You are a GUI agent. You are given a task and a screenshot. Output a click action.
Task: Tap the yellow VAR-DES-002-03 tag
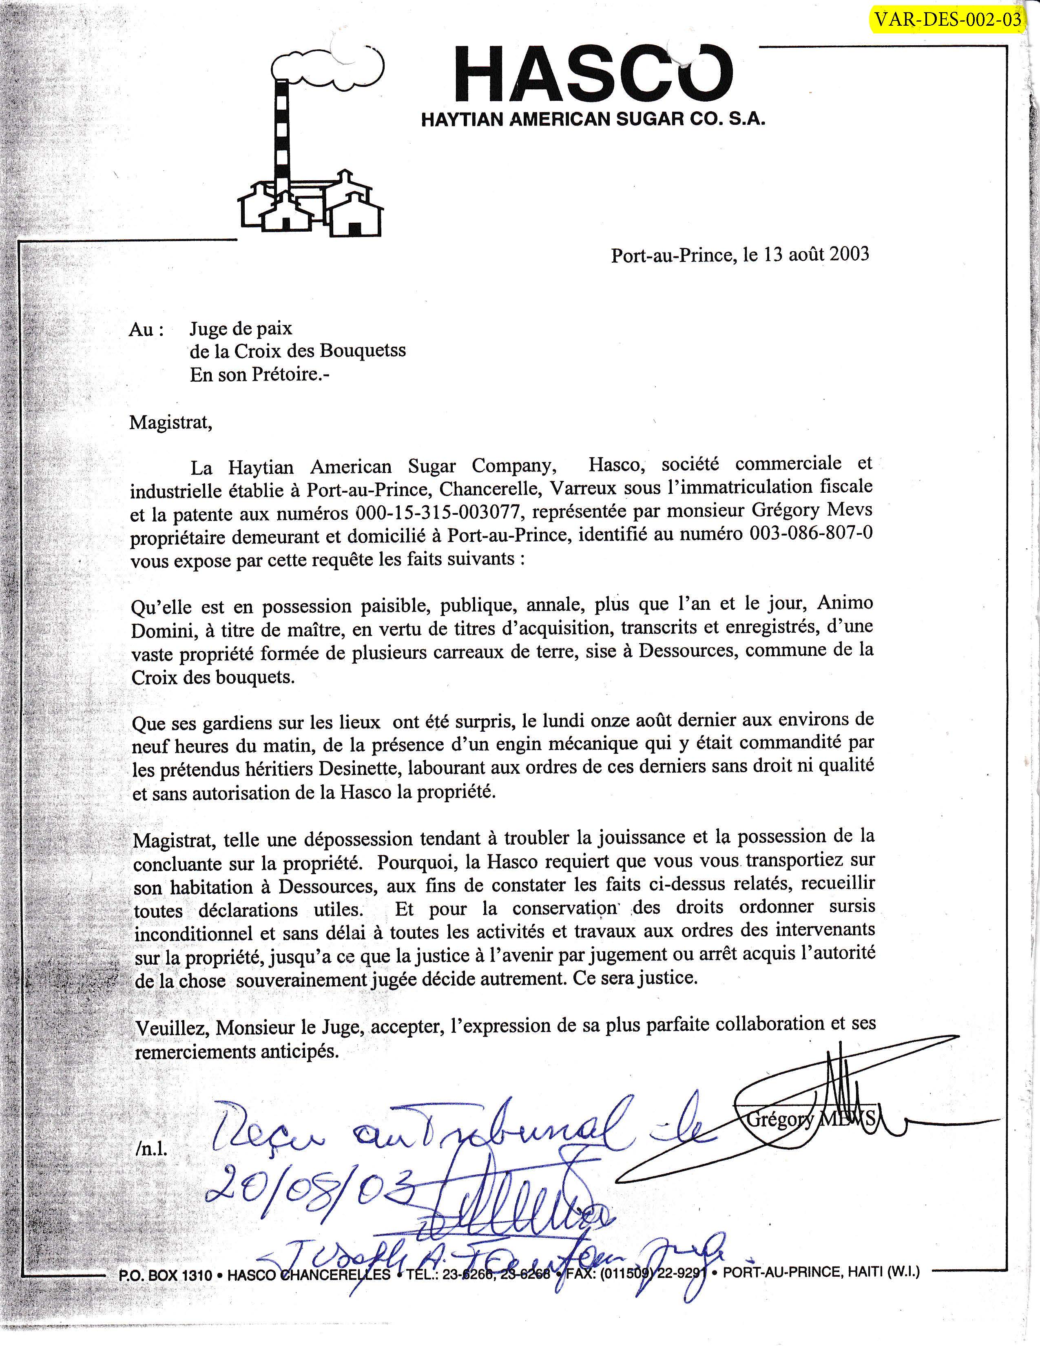click(x=947, y=20)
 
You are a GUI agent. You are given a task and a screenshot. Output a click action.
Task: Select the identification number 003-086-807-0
click(x=811, y=534)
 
